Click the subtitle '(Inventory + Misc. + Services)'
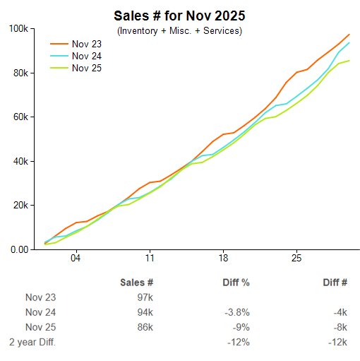point(179,31)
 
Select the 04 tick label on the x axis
point(76,258)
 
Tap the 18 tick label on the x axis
point(223,258)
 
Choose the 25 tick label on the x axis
point(296,258)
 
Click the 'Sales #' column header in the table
point(137,283)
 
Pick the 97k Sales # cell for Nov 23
point(145,297)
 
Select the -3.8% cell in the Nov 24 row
point(236,312)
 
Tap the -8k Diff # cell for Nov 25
point(340,328)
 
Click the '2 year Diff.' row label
point(32,343)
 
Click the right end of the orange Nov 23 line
point(349,35)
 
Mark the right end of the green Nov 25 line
point(349,61)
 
